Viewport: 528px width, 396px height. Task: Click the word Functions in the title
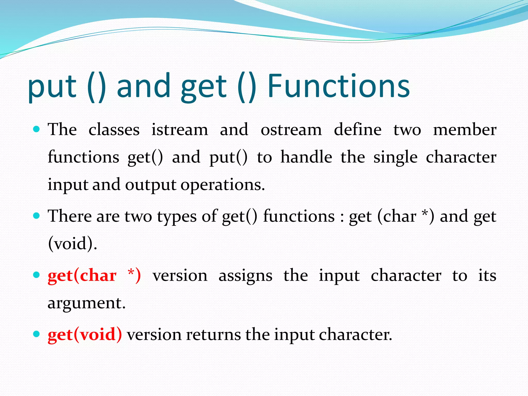pyautogui.click(x=339, y=86)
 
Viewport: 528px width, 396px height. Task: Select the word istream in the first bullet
pyautogui.click(x=179, y=130)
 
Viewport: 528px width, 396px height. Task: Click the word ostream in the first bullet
pyautogui.click(x=291, y=130)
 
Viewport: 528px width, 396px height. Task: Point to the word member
pyautogui.click(x=465, y=130)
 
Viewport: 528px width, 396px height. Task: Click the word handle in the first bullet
pyautogui.click(x=306, y=157)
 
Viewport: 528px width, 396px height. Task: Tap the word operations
pyautogui.click(x=222, y=185)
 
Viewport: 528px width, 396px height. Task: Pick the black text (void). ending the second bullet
pyautogui.click(x=72, y=243)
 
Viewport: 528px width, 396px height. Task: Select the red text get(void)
pyautogui.click(x=85, y=335)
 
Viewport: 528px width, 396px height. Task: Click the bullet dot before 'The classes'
pyautogui.click(x=36, y=129)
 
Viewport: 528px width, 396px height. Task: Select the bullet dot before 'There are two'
pyautogui.click(x=36, y=216)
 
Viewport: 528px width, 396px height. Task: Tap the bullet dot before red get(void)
pyautogui.click(x=36, y=334)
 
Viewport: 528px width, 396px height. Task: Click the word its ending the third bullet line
pyautogui.click(x=487, y=275)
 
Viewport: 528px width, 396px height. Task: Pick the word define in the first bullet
pyautogui.click(x=357, y=130)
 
